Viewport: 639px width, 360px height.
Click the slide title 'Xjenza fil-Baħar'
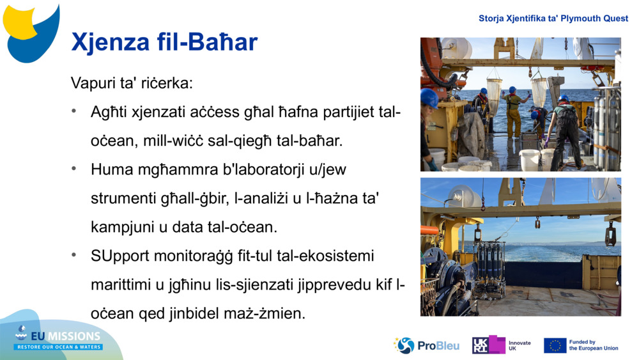(x=164, y=42)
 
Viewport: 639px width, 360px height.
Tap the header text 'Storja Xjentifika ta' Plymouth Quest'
(x=553, y=19)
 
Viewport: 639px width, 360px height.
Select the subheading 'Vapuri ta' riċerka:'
(x=132, y=83)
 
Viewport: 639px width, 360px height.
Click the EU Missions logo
(x=59, y=340)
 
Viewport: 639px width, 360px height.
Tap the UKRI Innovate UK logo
(x=501, y=345)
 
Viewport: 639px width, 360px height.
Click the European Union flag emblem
(x=555, y=346)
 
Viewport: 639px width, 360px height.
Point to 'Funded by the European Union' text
(x=594, y=345)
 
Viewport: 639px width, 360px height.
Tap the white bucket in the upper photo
(x=529, y=159)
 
